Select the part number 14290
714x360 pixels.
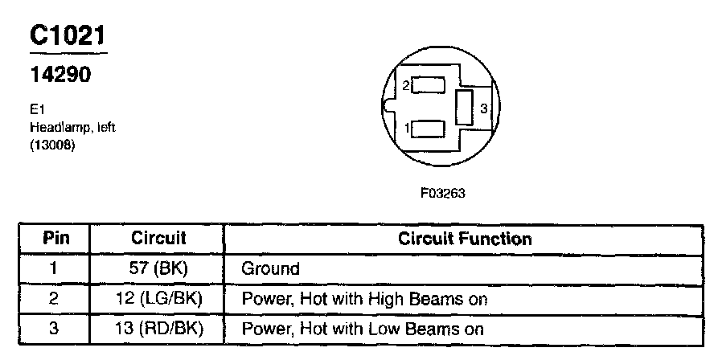tap(59, 74)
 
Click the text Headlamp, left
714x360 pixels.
tap(72, 128)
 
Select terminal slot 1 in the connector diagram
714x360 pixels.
tap(429, 128)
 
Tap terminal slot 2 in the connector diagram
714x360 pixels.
tap(429, 84)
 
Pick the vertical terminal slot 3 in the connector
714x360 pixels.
tap(464, 107)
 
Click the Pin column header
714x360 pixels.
tap(55, 239)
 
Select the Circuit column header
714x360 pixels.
tap(158, 239)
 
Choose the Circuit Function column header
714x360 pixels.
tap(465, 239)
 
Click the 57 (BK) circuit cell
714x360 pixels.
tap(158, 268)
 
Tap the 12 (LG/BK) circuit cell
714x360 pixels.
tap(158, 299)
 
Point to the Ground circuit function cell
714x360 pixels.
tap(270, 268)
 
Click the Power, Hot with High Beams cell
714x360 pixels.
tap(365, 299)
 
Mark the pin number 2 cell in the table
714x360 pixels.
tap(55, 299)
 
